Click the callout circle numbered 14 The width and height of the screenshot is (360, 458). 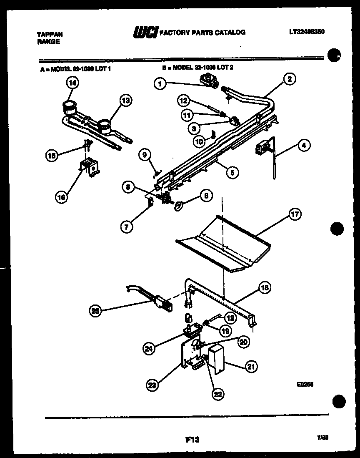point(72,83)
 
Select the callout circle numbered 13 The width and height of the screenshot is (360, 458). point(125,100)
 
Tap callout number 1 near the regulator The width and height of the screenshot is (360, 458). point(160,83)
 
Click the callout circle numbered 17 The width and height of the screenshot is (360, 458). point(295,215)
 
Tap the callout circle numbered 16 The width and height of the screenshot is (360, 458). point(61,198)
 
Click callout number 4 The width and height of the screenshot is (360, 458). point(304,146)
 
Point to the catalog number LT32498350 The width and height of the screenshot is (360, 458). point(306,32)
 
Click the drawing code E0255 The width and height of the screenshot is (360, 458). point(305,385)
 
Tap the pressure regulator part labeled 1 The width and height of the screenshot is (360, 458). point(209,80)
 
